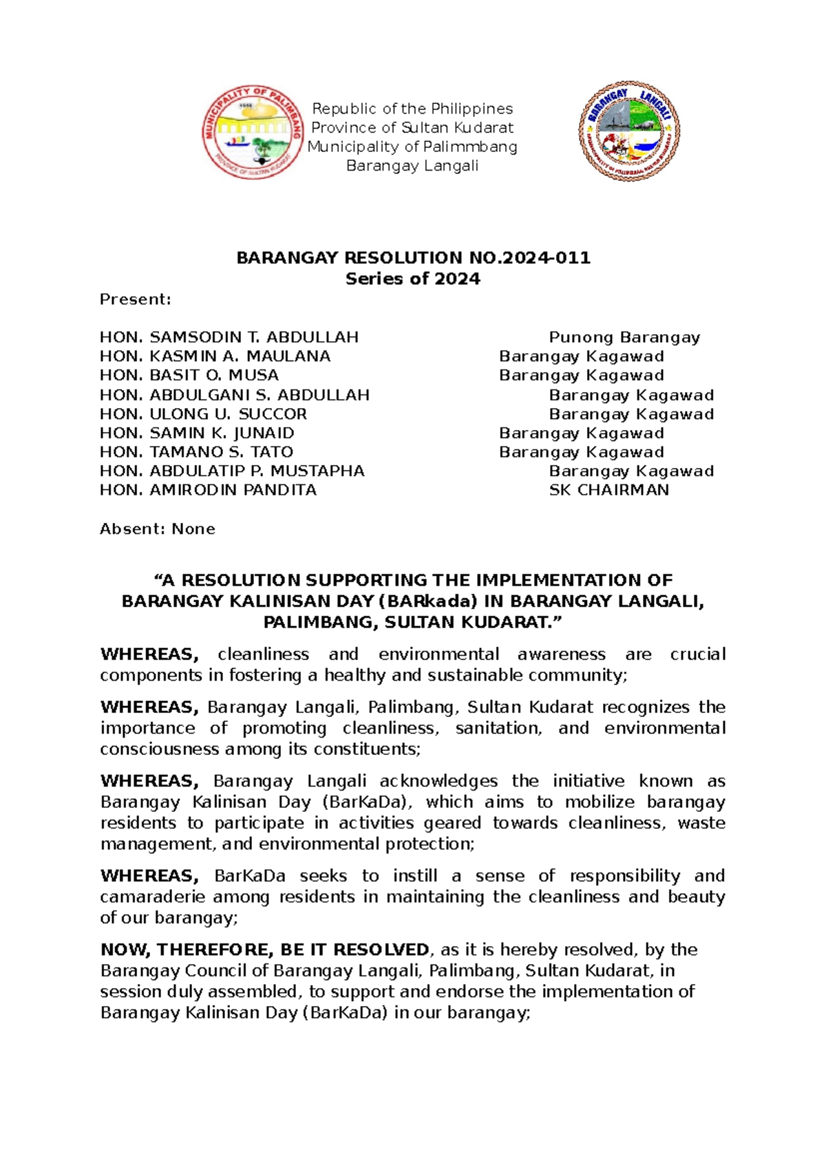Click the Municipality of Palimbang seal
253,133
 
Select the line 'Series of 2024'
412,279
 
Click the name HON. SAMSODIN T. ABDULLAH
229,337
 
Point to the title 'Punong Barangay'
624,337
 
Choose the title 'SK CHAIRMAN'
608,490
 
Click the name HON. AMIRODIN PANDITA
209,490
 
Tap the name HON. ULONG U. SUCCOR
203,414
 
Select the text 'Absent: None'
158,528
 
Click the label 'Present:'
136,299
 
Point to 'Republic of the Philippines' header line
412,109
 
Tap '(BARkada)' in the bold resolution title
427,601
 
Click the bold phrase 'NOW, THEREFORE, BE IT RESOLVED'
265,950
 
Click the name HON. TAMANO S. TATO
197,452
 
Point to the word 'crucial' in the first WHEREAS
697,654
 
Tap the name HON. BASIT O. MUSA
189,375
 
